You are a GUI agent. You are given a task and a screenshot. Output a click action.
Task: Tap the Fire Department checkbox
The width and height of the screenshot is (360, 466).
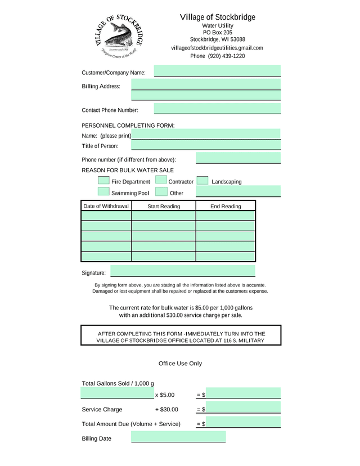click(103, 181)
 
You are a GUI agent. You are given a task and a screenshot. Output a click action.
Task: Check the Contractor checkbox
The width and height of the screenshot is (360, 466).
click(161, 181)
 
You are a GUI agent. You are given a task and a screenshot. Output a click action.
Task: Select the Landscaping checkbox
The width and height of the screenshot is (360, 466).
click(203, 181)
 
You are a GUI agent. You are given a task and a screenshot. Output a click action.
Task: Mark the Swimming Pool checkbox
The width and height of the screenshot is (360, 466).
click(103, 192)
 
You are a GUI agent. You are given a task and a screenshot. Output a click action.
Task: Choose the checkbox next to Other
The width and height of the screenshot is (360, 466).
click(161, 192)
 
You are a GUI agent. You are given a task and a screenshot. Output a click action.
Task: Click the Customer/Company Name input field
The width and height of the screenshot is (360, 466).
click(217, 71)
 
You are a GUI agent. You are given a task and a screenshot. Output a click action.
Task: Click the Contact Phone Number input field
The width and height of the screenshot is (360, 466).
click(217, 109)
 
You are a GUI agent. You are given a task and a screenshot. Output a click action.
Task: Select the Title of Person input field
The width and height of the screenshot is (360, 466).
click(206, 145)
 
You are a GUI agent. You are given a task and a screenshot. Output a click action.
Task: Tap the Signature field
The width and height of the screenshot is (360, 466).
click(182, 271)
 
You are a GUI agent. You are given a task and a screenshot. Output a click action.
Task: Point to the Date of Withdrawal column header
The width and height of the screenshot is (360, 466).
click(106, 206)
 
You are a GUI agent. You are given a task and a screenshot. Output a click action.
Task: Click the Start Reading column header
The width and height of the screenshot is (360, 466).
click(164, 207)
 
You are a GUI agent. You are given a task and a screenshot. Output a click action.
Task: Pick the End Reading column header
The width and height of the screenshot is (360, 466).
click(226, 207)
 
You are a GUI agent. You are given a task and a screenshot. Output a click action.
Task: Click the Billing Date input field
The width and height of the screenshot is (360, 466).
click(178, 437)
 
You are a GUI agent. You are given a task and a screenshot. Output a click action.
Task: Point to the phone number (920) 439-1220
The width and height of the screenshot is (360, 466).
click(218, 56)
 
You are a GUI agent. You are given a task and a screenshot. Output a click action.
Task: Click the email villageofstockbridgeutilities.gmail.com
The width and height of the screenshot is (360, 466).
click(217, 48)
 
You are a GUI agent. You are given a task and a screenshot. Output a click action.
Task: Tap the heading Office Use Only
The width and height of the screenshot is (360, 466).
click(180, 364)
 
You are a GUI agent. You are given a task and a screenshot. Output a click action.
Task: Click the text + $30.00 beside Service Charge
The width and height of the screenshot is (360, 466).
click(166, 410)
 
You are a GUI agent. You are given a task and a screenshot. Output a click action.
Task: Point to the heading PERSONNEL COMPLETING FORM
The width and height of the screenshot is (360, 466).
click(128, 125)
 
